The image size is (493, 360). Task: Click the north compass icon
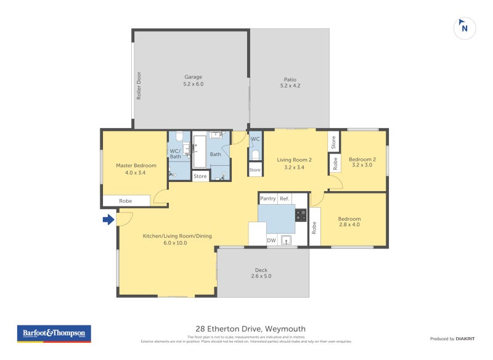point(465,28)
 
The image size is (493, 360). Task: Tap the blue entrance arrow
point(108,219)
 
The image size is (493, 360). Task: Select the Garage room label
point(193,80)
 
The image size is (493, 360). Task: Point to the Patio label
point(290,83)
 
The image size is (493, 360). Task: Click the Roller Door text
point(139,85)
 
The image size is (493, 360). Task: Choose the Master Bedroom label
point(136,169)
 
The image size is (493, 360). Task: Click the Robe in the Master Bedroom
point(126,201)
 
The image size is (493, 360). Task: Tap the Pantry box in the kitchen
point(268,198)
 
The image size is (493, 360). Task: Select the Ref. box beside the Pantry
point(284,198)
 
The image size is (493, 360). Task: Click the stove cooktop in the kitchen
point(301,215)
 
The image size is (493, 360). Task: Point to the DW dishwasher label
point(271,240)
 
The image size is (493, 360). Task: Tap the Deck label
point(261,273)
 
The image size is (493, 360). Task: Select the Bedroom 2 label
point(363,162)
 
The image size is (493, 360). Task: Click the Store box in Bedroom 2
point(333,142)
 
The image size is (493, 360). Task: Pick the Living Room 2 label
point(294,163)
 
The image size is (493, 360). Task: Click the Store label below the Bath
point(200,176)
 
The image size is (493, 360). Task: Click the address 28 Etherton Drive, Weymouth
point(246,329)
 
